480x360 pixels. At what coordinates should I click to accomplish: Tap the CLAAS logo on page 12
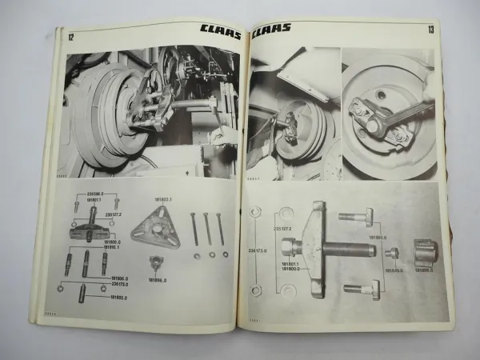217,35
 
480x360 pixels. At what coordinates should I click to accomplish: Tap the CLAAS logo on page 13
277,34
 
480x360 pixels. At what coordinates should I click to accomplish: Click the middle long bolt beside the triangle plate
206,230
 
